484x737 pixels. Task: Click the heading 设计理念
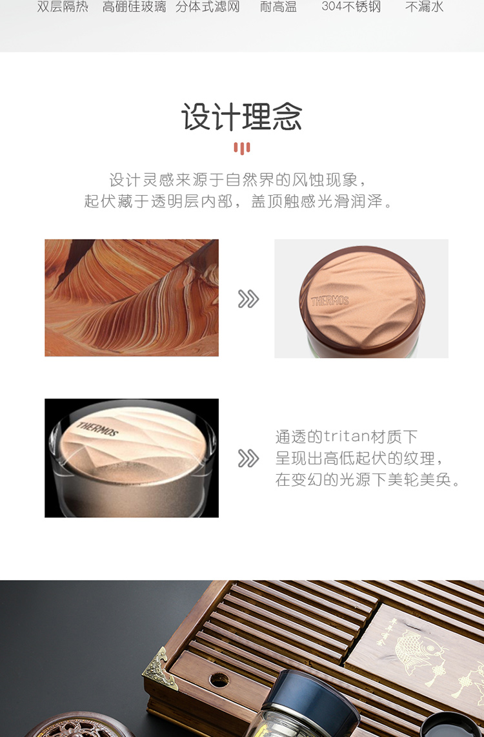pyautogui.click(x=242, y=117)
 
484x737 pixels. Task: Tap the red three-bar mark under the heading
pyautogui.click(x=242, y=149)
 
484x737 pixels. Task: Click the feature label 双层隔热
pyautogui.click(x=63, y=7)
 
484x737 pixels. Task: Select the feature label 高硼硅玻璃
pyautogui.click(x=134, y=7)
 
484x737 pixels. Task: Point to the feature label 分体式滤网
pyautogui.click(x=207, y=7)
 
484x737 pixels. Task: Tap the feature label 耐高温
pyautogui.click(x=278, y=7)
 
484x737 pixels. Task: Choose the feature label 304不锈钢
pyautogui.click(x=351, y=7)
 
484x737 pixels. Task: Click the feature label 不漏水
pyautogui.click(x=425, y=7)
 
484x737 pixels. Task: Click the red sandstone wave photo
pyautogui.click(x=132, y=298)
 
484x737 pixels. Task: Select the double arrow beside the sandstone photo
pyautogui.click(x=248, y=299)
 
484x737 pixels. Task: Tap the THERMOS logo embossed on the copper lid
pyautogui.click(x=330, y=301)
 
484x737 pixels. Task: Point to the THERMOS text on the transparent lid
pyautogui.click(x=97, y=430)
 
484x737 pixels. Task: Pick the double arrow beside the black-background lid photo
pyautogui.click(x=248, y=459)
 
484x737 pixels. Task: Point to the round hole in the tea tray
pyautogui.click(x=219, y=680)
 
